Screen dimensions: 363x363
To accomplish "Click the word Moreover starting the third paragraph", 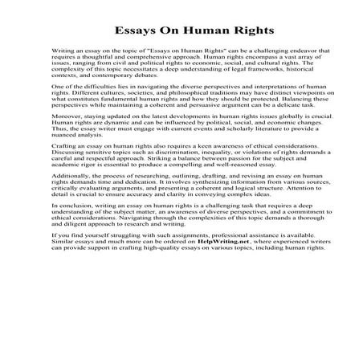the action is tap(66, 141).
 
